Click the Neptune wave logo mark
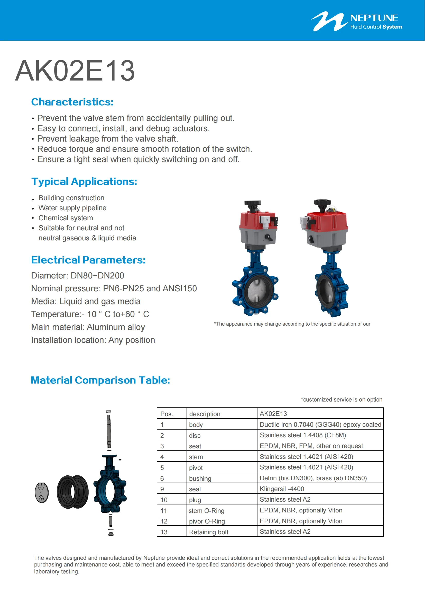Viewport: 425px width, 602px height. [329, 22]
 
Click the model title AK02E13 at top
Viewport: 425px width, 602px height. [75, 71]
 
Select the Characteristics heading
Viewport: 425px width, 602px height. [72, 102]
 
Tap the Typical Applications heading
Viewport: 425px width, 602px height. [84, 181]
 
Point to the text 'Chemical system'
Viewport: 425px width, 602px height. [66, 218]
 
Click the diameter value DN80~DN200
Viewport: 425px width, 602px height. [97, 276]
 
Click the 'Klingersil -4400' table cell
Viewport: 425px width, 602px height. [282, 489]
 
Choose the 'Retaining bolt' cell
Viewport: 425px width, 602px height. [209, 532]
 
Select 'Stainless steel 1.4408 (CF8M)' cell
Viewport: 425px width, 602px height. [303, 435]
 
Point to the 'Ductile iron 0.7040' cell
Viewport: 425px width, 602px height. [320, 424]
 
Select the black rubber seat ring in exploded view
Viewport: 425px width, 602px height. [72, 492]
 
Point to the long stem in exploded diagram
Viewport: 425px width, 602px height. [109, 430]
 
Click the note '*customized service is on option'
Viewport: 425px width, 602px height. [341, 400]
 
